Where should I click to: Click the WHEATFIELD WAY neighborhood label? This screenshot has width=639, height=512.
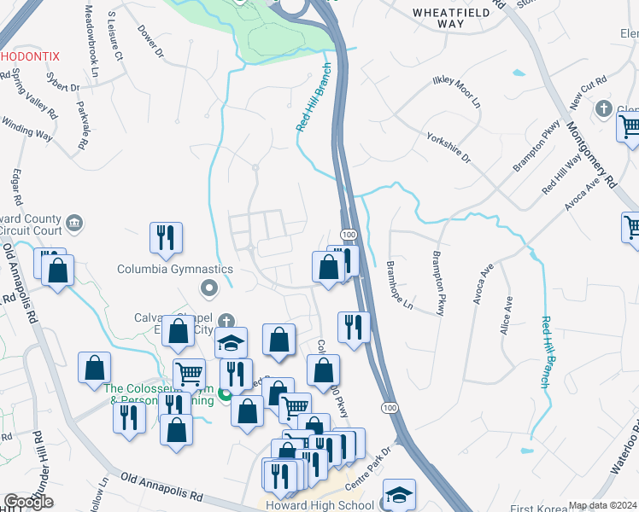pos(450,18)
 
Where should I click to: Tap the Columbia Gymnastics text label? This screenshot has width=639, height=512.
pos(175,269)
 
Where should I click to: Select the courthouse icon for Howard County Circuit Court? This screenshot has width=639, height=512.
pos(73,224)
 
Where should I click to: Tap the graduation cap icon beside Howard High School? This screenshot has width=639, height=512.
pos(399,496)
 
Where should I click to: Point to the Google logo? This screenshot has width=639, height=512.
pos(28,502)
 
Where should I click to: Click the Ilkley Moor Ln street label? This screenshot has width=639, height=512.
pos(457,90)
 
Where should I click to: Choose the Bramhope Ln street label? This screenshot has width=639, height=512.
pos(397,286)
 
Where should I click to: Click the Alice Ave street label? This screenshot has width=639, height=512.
pos(507,315)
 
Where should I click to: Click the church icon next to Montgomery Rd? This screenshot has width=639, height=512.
pos(604,109)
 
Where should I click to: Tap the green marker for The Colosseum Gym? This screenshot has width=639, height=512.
pos(225,394)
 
